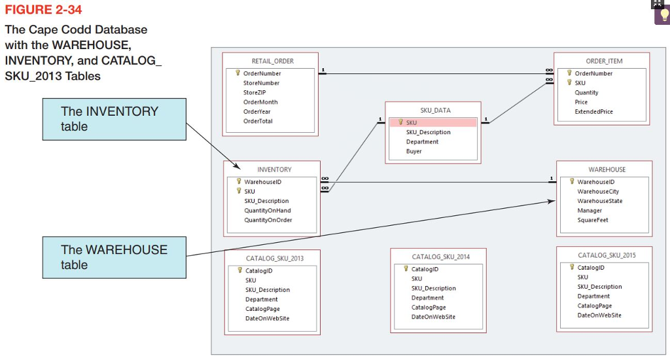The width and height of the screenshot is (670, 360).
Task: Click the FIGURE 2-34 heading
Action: (44, 10)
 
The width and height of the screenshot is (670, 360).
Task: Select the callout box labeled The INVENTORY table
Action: (114, 118)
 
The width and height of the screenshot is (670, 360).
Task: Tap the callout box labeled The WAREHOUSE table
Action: (114, 257)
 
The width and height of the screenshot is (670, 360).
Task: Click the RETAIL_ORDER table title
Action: (272, 61)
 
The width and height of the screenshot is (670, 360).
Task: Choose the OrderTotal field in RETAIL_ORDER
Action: (258, 121)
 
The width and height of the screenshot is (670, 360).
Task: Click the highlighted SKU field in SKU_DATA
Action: (411, 122)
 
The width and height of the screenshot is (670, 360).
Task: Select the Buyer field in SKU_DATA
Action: (414, 151)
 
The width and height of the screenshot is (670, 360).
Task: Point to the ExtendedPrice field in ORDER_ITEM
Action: (593, 111)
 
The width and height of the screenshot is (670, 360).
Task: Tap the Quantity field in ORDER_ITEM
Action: (586, 92)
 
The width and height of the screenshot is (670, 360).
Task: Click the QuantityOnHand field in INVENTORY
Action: (267, 210)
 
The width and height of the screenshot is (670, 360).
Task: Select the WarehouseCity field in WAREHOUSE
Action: (597, 191)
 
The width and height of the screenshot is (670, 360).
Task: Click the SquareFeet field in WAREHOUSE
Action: (592, 220)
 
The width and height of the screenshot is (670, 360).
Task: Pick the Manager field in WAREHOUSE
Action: (590, 210)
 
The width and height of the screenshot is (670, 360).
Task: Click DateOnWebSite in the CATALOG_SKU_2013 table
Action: (267, 318)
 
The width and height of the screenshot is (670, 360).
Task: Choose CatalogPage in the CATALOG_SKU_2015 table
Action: (594, 306)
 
